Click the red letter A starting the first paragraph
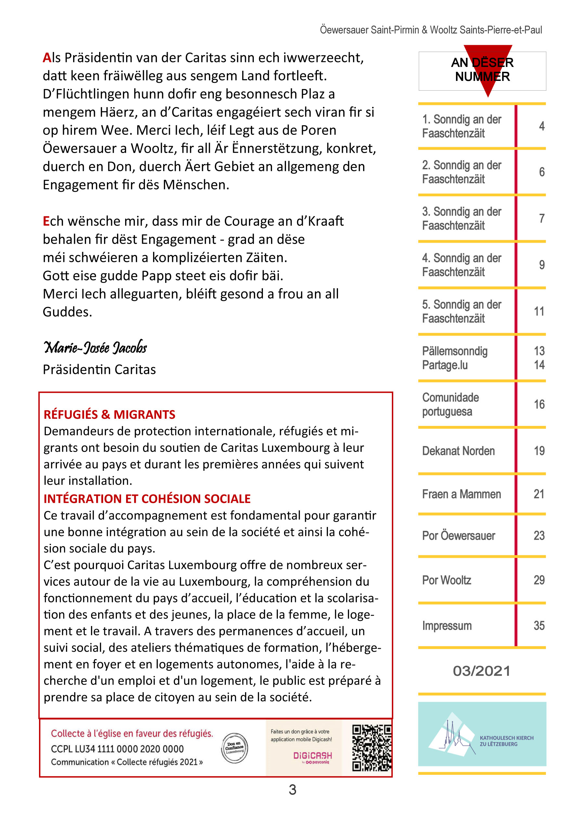pos(47,58)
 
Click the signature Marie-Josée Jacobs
pos(95,347)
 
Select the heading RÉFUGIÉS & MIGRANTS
pos(109,414)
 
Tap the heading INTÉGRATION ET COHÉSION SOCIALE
pos(147,499)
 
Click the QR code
pos(371,748)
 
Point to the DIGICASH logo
pos(312,755)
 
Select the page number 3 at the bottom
pos(292,789)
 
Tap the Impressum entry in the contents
pos(447,626)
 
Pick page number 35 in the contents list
pos(539,626)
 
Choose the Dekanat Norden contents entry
pos(458,451)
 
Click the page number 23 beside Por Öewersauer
pos(539,536)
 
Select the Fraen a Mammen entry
pos(461,494)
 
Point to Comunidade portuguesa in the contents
pos(450,404)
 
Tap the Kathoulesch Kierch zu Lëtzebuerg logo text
pos(506,741)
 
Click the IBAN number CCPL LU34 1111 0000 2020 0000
pos(117,749)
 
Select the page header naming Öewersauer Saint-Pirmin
pos(431,30)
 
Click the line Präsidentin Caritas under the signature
pos(99,370)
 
